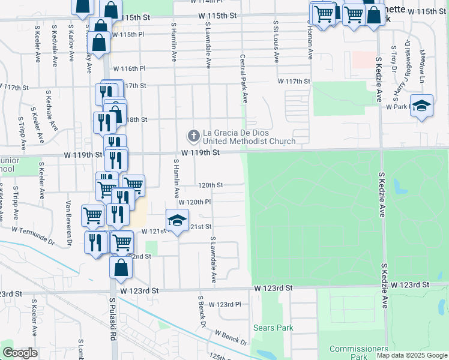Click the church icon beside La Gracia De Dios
[x=193, y=136]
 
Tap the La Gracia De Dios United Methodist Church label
[x=249, y=137]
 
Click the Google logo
[x=20, y=353]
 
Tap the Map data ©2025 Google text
[x=412, y=355]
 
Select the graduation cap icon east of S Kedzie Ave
[x=421, y=106]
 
